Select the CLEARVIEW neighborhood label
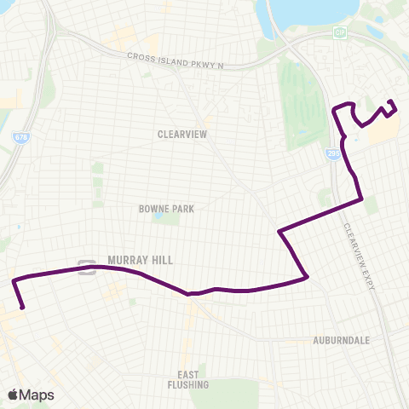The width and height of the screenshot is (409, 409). tap(181, 134)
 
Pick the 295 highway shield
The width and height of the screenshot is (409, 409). tap(333, 153)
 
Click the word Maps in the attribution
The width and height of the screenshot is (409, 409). tap(37, 395)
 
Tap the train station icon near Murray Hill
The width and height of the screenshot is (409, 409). tap(86, 267)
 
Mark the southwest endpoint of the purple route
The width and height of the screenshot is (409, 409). tap(22, 308)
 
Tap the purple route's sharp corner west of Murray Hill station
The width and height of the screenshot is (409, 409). tap(13, 279)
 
